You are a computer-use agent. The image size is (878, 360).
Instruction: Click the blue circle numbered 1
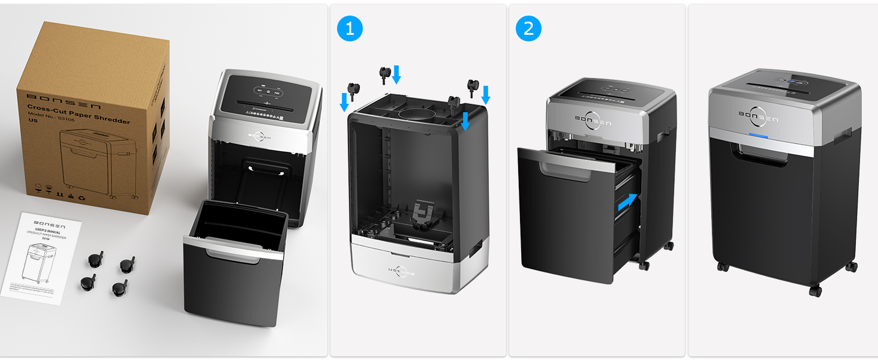point(350,28)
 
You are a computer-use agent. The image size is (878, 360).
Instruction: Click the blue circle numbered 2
point(528,28)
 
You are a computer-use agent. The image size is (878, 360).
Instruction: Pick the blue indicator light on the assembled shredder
point(759,135)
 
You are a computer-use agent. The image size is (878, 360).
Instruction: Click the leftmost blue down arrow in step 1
point(344,101)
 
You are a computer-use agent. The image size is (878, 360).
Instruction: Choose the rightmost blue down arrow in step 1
point(486,94)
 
